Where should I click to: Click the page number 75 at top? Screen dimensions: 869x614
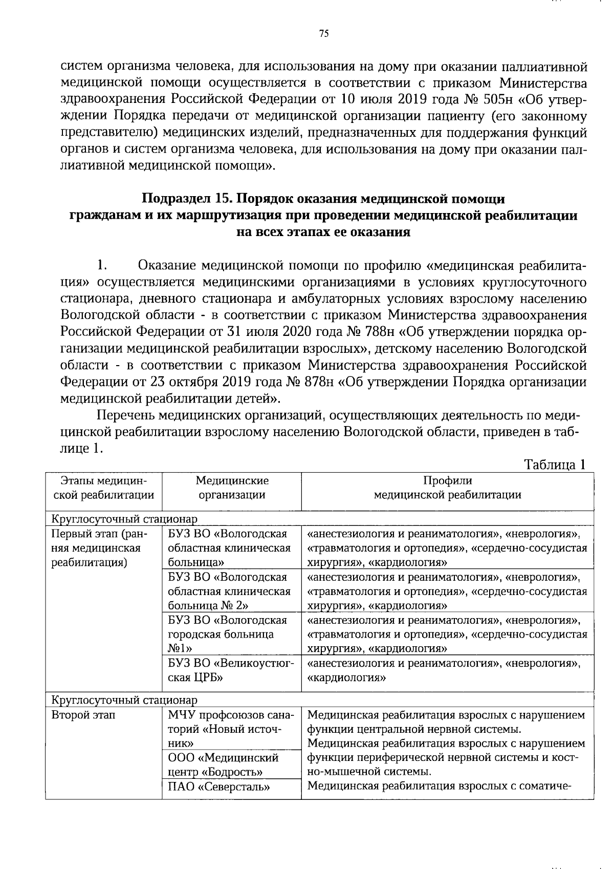323,34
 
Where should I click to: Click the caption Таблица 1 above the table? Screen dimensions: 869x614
555,464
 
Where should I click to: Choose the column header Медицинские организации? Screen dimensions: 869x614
232,488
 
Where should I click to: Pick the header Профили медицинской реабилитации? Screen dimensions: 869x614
447,488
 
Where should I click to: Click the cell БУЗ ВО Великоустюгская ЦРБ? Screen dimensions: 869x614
231,670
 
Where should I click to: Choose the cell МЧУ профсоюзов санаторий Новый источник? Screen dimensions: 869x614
231,729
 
